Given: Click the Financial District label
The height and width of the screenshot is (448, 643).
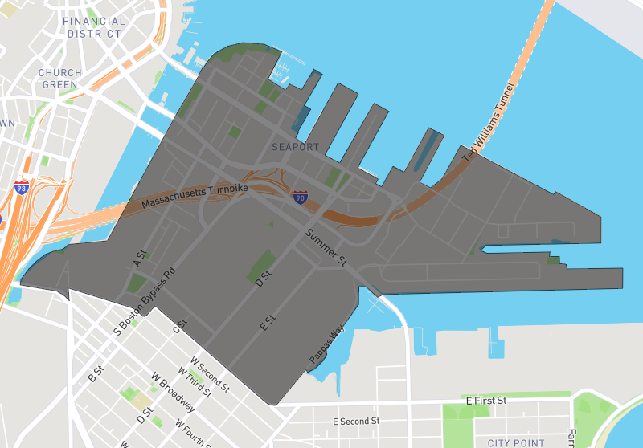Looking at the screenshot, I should coord(94,27).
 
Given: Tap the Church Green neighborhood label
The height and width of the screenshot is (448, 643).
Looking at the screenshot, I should coord(60,79).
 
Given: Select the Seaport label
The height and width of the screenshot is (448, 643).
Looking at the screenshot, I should coord(295,147).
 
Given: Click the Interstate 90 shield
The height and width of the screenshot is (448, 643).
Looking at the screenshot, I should coord(300,196).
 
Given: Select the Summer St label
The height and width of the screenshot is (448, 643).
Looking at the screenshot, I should coord(325,247).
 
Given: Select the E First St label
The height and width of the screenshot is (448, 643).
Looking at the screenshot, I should coord(486,400).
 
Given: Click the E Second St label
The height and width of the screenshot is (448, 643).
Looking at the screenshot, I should coord(356,421).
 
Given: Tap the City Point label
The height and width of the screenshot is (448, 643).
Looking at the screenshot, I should coord(515,442).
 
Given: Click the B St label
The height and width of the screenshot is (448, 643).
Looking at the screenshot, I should coord(96,374).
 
